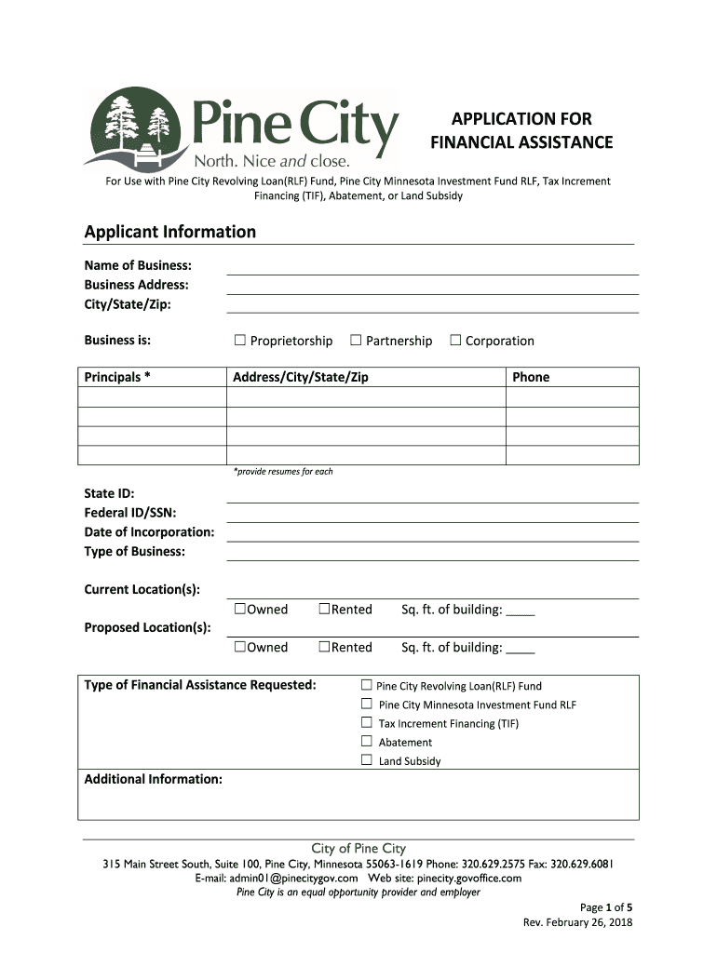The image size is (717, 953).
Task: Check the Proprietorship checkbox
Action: (239, 341)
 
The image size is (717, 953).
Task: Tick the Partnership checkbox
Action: (356, 341)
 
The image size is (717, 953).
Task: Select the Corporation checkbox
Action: (455, 341)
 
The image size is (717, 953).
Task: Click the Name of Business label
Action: (138, 266)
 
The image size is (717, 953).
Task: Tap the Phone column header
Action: (531, 377)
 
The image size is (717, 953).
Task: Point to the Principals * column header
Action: (117, 377)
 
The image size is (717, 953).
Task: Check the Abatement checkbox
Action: (366, 742)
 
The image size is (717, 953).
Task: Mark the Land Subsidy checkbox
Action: (366, 760)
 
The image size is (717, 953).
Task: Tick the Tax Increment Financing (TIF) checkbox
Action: (366, 723)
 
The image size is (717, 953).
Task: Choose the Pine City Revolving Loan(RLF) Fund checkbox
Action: (366, 686)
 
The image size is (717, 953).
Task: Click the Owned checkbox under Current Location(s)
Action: (239, 609)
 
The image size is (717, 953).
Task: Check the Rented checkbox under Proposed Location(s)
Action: (324, 647)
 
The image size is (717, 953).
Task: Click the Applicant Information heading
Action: (169, 232)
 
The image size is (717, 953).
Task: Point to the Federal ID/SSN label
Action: (130, 513)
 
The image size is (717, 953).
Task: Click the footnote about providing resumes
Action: (283, 472)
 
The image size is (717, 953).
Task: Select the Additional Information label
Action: (153, 779)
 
